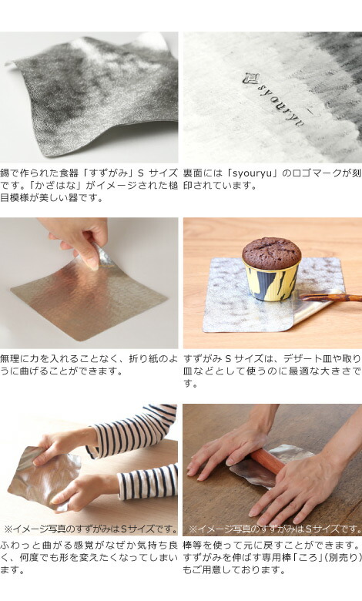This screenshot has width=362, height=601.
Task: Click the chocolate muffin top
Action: click(x=272, y=253)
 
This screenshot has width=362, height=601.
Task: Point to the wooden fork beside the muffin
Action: click(x=330, y=297)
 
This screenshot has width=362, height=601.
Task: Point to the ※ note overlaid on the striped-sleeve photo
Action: click(x=90, y=529)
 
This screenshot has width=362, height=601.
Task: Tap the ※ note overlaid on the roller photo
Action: click(x=275, y=529)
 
